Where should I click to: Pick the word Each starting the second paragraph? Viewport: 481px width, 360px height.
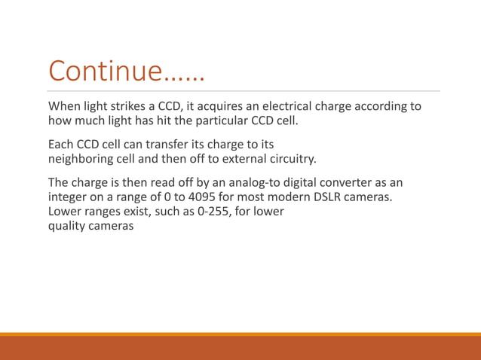tap(61, 144)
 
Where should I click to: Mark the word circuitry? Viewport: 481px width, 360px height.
tap(290, 158)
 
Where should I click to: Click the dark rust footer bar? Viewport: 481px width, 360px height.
tap(240, 349)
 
